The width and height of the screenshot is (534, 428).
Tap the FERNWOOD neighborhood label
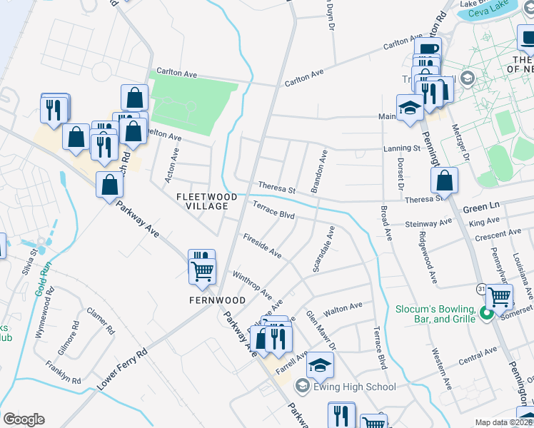pos(217,300)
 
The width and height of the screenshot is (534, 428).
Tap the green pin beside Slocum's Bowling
pos(486,312)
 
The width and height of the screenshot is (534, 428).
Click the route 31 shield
pos(481,287)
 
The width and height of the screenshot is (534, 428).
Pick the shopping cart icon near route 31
pos(499,295)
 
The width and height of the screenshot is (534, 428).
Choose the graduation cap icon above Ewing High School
pos(320,365)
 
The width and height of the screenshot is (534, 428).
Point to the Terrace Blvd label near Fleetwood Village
pos(273,210)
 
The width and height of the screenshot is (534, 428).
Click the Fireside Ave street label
pos(262,245)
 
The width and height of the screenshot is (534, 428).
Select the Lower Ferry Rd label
pos(122,368)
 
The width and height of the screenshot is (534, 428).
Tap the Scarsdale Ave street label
pos(323,249)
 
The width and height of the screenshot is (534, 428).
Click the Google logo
pos(24,419)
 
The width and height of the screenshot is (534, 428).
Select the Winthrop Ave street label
pos(251,283)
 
